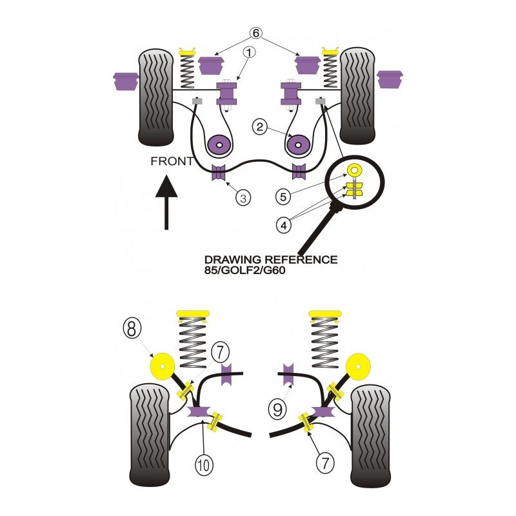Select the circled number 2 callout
tap(259, 128)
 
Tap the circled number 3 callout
tap(242, 197)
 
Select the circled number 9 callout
tap(276, 408)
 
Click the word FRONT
tap(172, 161)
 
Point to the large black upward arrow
tap(167, 203)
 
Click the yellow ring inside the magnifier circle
tap(354, 171)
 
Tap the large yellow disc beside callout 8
tap(162, 369)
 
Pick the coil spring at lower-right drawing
tap(326, 342)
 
